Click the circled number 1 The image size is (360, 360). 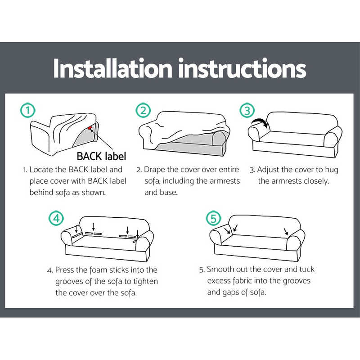point(28,111)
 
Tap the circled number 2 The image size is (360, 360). point(143,111)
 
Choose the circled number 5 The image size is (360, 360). point(213,219)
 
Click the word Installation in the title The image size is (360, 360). point(112,68)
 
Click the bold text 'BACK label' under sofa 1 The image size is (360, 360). point(101,156)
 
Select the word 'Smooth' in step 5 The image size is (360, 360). point(221,269)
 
